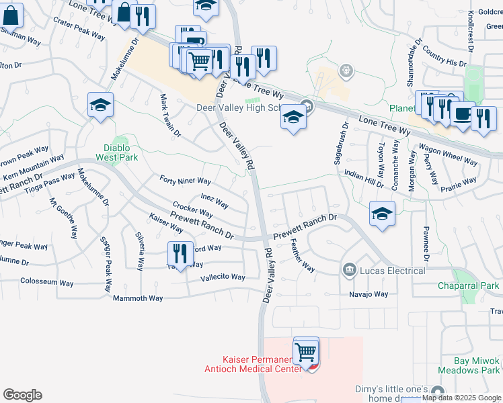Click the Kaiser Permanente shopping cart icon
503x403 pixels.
(x=306, y=351)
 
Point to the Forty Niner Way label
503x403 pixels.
(x=186, y=181)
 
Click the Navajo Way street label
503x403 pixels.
(x=369, y=294)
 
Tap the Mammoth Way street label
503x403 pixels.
(x=138, y=298)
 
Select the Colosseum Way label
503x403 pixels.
(x=47, y=283)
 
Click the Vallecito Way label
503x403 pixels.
(x=223, y=277)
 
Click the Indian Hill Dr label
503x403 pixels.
(x=363, y=178)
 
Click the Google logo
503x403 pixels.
(x=22, y=395)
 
